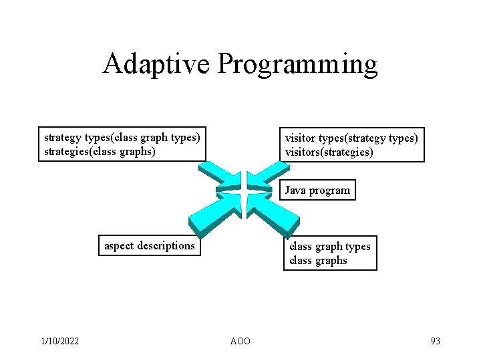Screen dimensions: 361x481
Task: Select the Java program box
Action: [317, 190]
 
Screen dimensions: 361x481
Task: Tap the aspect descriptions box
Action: [150, 246]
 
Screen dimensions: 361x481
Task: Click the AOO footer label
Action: [240, 341]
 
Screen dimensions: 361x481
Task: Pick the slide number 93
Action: [435, 341]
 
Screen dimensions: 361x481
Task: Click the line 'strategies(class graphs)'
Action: [100, 152]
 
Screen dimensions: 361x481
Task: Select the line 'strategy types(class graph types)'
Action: [122, 138]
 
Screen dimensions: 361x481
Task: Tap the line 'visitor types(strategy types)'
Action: [351, 138]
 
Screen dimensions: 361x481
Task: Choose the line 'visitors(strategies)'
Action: [329, 152]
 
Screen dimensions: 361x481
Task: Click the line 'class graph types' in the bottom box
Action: [329, 246]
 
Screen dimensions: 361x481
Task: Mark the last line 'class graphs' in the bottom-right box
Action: [318, 261]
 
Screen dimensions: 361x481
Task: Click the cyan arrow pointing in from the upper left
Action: [218, 176]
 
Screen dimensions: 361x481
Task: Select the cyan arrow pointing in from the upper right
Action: [265, 176]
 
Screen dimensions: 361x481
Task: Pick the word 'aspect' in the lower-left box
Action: [119, 246]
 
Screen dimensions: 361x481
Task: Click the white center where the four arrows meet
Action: [242, 194]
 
